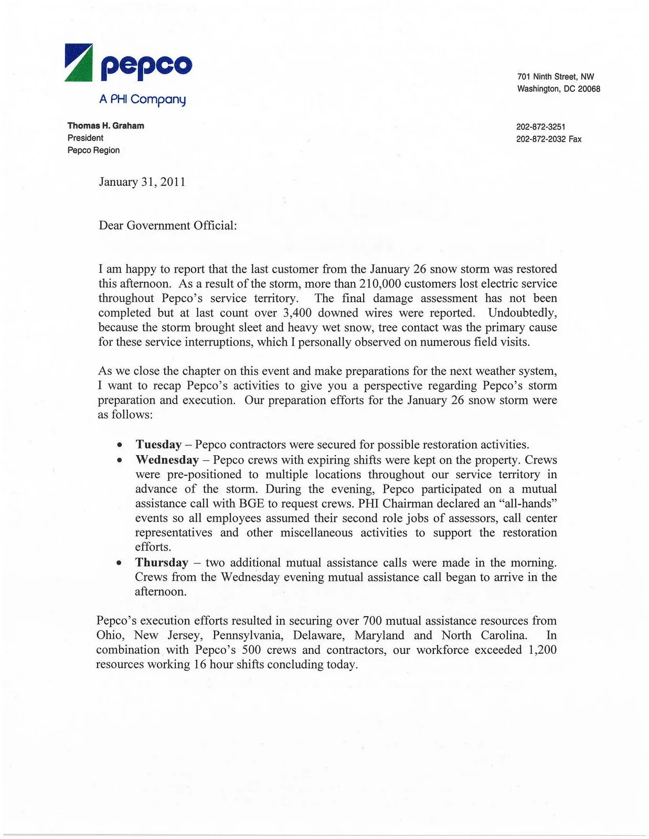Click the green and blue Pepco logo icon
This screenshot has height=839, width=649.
click(79, 63)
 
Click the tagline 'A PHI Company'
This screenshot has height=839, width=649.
click(142, 99)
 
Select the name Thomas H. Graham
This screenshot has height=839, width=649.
click(105, 126)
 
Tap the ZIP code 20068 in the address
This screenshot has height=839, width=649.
click(589, 89)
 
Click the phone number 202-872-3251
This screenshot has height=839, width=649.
click(540, 127)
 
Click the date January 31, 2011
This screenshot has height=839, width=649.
click(142, 182)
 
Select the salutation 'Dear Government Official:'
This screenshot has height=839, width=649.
click(168, 225)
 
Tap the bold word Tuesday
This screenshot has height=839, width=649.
click(158, 445)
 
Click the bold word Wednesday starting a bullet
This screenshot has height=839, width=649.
click(167, 460)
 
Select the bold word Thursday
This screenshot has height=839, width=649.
click(162, 563)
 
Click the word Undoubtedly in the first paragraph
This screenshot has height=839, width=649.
click(522, 313)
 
